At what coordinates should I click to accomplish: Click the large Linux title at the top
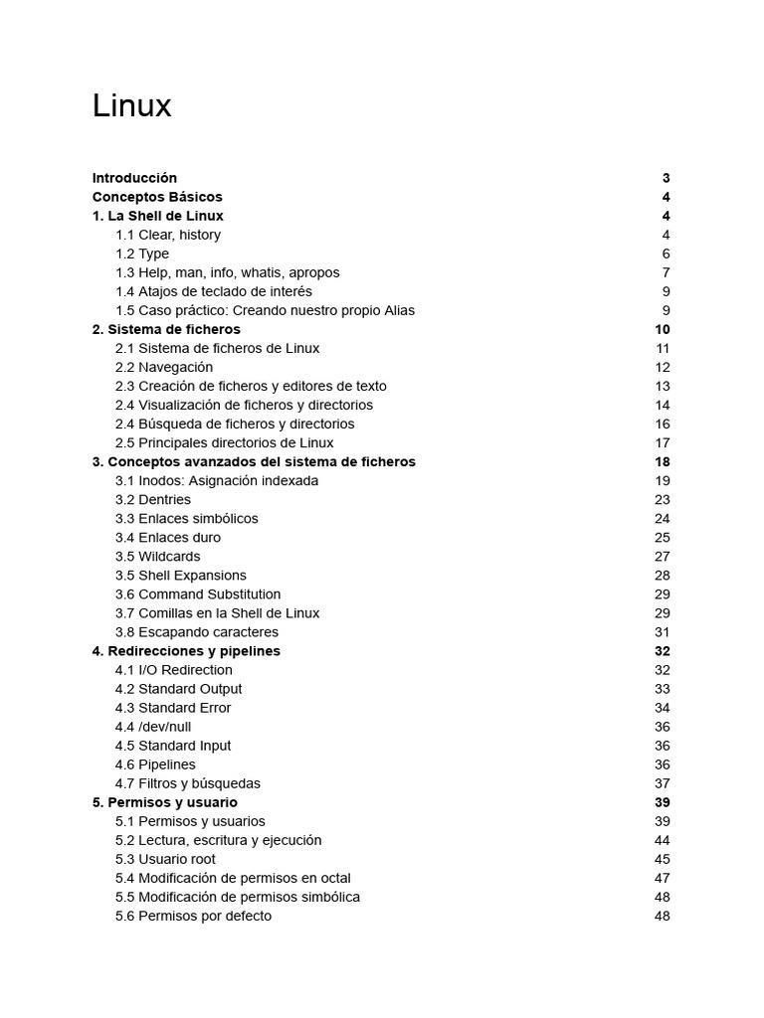(131, 105)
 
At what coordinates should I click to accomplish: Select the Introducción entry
(134, 178)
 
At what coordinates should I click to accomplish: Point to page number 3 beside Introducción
(666, 178)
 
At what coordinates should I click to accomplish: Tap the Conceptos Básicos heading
(157, 197)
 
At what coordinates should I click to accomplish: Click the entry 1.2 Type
(142, 254)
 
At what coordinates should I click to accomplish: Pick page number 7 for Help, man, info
(666, 272)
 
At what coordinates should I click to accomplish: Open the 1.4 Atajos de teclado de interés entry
(214, 291)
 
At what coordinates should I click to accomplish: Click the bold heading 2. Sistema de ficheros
(166, 329)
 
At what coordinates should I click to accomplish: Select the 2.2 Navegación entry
(164, 367)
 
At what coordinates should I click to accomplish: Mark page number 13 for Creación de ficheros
(663, 386)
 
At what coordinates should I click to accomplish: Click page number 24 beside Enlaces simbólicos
(663, 518)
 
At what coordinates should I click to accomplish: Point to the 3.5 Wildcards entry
(157, 556)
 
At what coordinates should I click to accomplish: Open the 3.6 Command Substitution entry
(198, 594)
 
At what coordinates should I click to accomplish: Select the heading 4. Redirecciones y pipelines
(186, 651)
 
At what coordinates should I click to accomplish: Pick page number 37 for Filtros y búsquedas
(663, 783)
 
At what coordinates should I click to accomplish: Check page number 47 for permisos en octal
(663, 878)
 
